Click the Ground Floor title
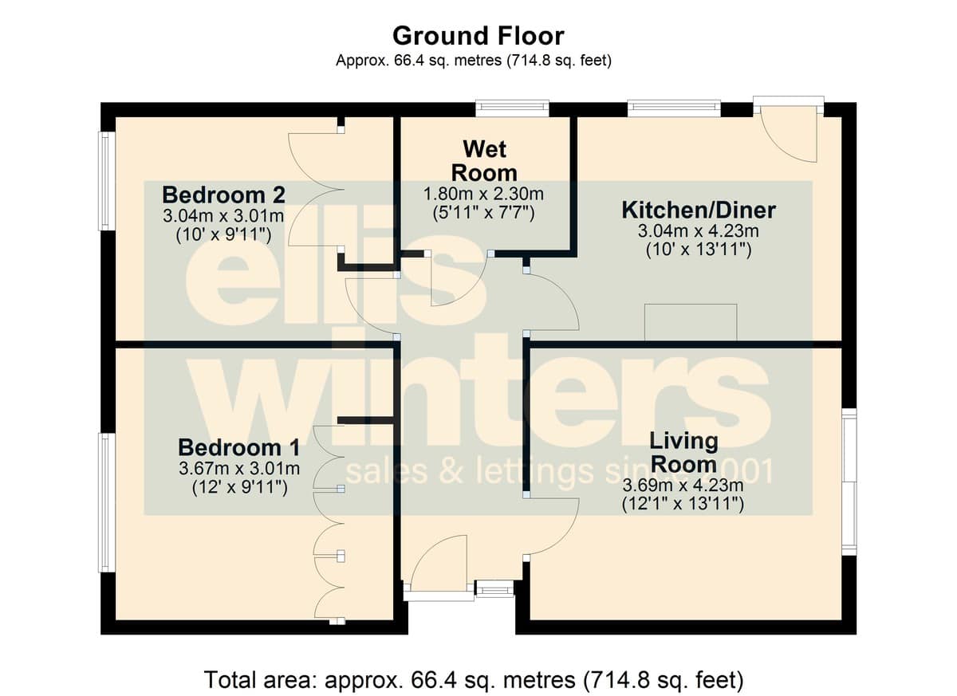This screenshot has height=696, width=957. [478, 36]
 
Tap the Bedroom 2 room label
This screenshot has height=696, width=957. [223, 195]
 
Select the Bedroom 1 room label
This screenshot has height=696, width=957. [238, 447]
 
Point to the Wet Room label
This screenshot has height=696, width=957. [484, 161]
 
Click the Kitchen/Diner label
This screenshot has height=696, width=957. [699, 210]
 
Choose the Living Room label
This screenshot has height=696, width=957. [683, 453]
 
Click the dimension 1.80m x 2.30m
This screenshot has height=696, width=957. [483, 195]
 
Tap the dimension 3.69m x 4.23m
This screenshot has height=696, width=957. [683, 486]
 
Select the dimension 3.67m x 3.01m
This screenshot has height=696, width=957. [239, 469]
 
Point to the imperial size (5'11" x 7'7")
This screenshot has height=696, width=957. [483, 213]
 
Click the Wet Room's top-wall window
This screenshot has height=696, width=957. [512, 108]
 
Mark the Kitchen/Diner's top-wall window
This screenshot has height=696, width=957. [674, 108]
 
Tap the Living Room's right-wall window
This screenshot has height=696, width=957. [849, 482]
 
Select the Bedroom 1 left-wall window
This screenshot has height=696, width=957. [107, 502]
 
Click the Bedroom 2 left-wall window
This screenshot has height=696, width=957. [107, 181]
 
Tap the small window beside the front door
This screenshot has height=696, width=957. [494, 591]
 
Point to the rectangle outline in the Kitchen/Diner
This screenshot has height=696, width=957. [691, 322]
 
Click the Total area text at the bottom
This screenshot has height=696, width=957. [475, 679]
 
